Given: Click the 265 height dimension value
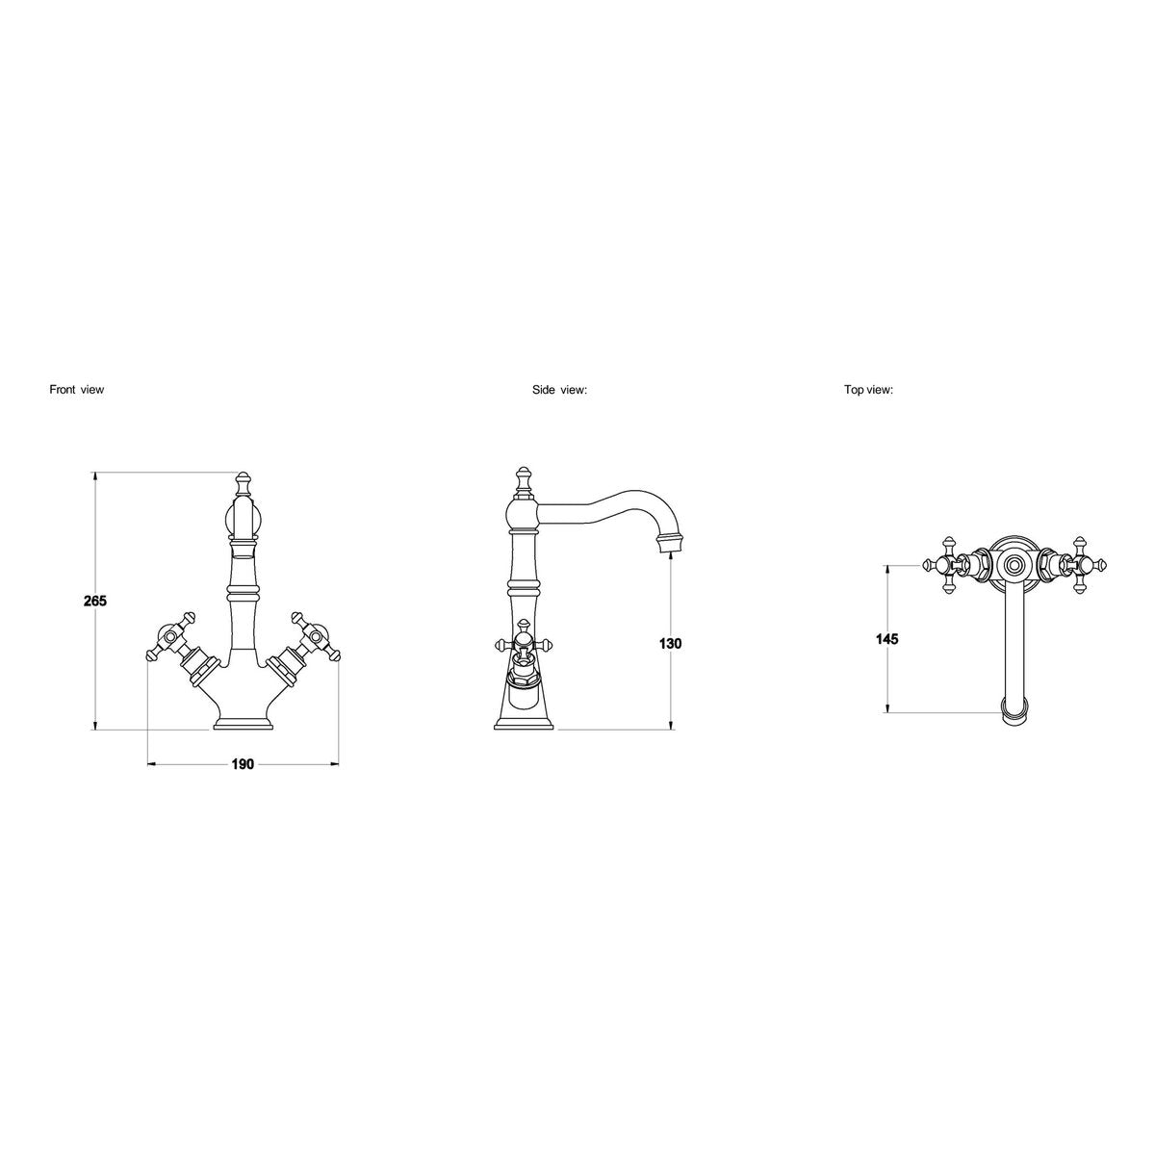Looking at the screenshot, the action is point(95,601).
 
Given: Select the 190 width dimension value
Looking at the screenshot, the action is point(243,764).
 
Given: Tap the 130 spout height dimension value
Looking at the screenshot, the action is point(670,644).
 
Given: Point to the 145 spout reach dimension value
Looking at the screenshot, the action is point(887,639).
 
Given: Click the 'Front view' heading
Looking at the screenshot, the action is point(77,390).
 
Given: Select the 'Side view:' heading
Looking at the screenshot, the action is point(559,390).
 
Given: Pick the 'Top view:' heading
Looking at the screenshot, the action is point(868,390).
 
